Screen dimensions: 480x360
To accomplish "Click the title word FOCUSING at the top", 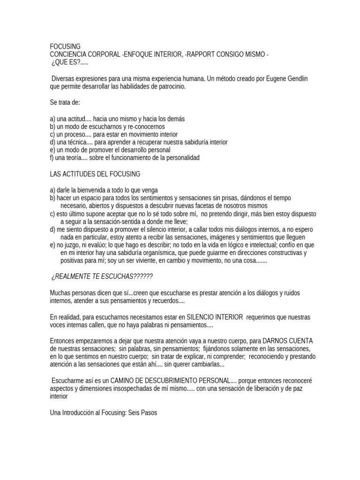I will coord(65,46).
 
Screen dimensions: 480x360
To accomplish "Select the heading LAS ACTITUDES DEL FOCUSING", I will coord(95,174).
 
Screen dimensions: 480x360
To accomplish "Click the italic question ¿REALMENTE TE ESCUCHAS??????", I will coord(102,277).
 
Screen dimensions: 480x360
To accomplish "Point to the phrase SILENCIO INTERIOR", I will coord(210,317).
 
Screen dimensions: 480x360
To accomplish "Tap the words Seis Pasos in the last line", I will coord(145,413).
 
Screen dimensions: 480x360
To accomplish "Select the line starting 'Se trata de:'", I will coord(65,102).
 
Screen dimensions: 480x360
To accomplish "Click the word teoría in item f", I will coord(76,157).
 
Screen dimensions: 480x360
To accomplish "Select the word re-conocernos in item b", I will coord(145,127).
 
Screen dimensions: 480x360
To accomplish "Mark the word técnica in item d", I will coord(78,142).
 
